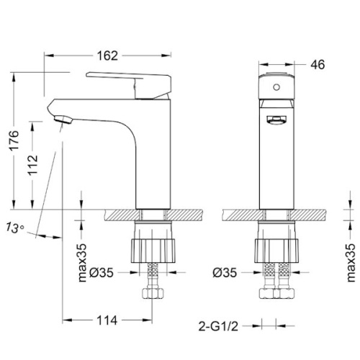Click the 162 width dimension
pyautogui.click(x=107, y=56)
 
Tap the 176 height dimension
pyautogui.click(x=14, y=140)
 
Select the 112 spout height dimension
pyautogui.click(x=33, y=165)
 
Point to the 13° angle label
pyautogui.click(x=15, y=228)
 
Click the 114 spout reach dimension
pyautogui.click(x=107, y=320)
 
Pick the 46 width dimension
pyautogui.click(x=318, y=65)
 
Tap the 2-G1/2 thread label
pyautogui.click(x=218, y=326)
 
